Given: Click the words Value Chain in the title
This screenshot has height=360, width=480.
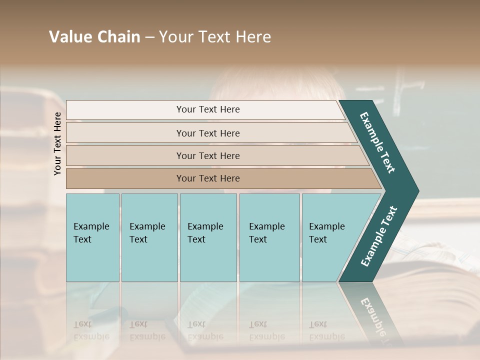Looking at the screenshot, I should tap(94, 37).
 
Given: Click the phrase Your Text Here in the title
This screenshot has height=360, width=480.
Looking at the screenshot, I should tap(214, 37).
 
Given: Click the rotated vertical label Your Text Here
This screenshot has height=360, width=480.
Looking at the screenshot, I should tap(57, 144).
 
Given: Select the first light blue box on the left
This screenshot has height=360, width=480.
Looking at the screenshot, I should tap(92, 237).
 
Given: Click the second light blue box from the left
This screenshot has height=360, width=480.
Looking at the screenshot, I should tap(149, 237).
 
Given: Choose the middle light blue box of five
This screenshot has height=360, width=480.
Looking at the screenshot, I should tap(208, 237).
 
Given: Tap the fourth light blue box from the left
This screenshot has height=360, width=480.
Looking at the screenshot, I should tap(269, 237).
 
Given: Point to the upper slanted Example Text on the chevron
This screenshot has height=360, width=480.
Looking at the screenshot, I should tap(377, 142).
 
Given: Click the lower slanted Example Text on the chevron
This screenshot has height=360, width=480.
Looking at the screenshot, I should tap(378, 236).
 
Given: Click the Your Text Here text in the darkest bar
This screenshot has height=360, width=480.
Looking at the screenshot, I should tap(208, 178).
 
